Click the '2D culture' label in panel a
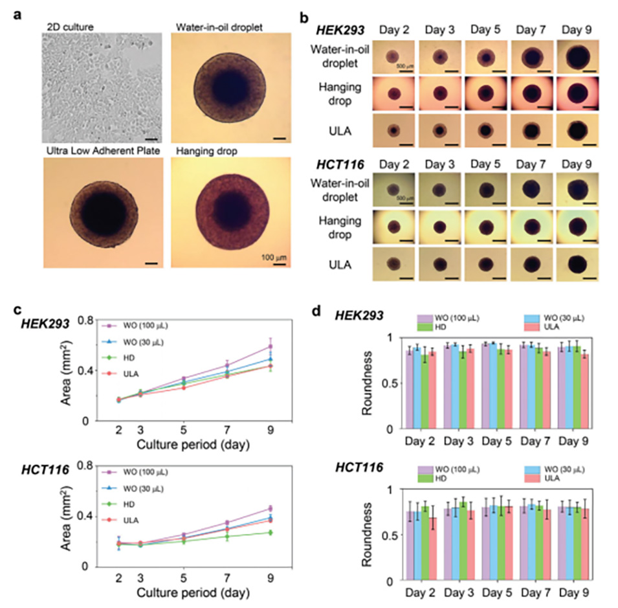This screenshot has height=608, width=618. [69, 27]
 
